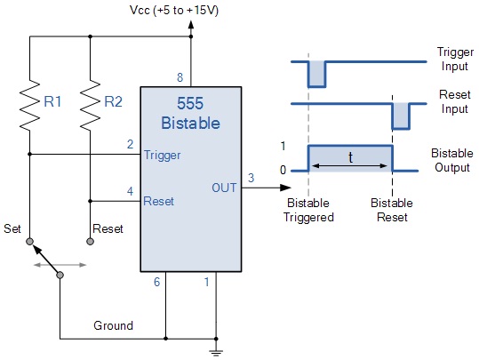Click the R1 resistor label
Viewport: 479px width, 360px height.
click(x=52, y=101)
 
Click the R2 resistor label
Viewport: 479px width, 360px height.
click(x=114, y=101)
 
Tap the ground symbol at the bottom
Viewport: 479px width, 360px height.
click(x=216, y=353)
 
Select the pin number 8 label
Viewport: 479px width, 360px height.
click(x=180, y=77)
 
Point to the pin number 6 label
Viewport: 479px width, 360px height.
click(x=156, y=282)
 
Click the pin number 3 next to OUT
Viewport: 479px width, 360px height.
click(x=251, y=178)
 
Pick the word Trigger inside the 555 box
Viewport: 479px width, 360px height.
click(x=163, y=156)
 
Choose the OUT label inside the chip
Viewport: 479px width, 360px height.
click(x=224, y=188)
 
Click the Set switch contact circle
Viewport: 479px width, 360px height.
click(x=29, y=242)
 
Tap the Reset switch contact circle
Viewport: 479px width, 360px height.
click(x=90, y=242)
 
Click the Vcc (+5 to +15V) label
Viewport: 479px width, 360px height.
click(x=174, y=11)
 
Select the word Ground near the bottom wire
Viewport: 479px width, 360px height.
click(x=114, y=325)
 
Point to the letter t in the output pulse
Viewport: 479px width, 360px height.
click(x=351, y=157)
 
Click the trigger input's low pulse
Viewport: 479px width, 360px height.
click(x=316, y=75)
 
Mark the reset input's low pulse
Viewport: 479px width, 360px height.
click(x=401, y=116)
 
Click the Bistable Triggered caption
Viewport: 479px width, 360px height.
click(x=308, y=210)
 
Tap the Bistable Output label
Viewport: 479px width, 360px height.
click(x=451, y=160)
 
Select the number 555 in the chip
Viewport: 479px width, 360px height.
click(x=190, y=103)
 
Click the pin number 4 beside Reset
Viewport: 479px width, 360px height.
click(x=130, y=191)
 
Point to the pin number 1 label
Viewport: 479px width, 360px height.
click(x=207, y=282)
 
